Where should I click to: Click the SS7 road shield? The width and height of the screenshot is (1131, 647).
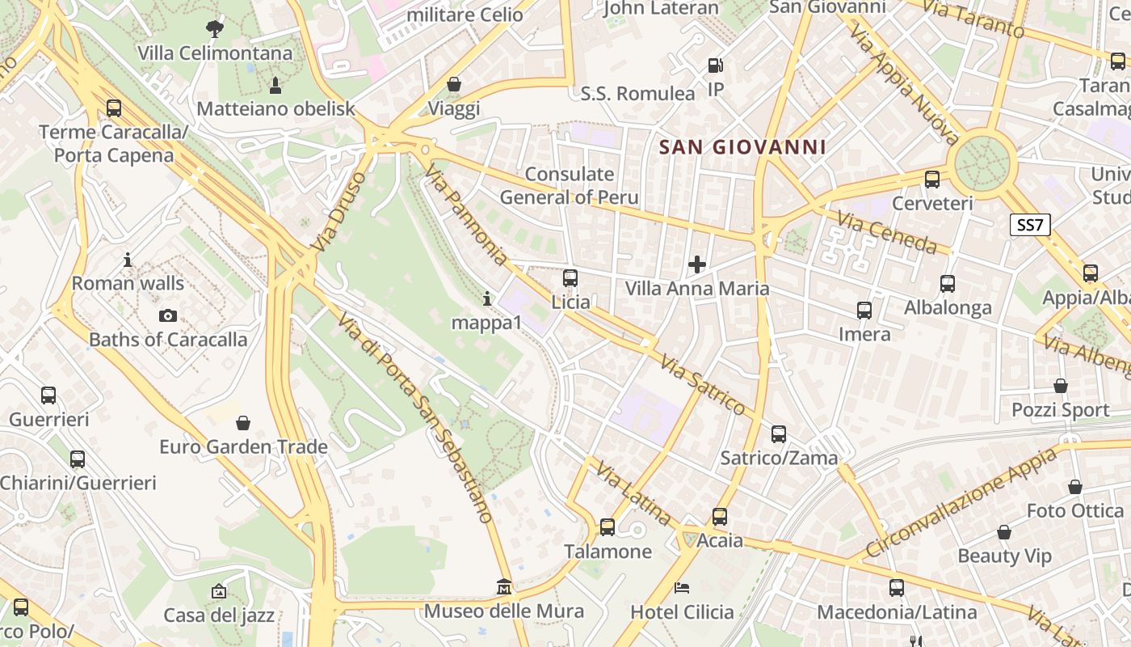(x=1030, y=225)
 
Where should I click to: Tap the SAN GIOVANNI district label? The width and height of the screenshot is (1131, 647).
(x=742, y=147)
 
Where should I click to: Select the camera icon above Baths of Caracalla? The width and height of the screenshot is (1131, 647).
(x=168, y=315)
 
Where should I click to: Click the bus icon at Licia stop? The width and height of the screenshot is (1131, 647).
(x=570, y=278)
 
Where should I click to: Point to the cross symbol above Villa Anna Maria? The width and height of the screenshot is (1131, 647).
(x=696, y=264)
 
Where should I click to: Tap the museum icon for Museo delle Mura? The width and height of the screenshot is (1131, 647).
(x=504, y=586)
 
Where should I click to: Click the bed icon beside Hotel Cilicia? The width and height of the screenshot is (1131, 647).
(x=683, y=587)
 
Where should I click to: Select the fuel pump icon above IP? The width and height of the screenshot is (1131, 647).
(x=715, y=66)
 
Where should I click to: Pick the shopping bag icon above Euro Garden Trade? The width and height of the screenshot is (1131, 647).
(x=243, y=423)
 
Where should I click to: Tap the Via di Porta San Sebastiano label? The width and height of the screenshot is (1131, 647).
(x=415, y=417)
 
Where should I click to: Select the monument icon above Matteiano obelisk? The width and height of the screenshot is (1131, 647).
(x=275, y=85)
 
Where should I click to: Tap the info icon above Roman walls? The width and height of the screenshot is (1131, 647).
(x=128, y=260)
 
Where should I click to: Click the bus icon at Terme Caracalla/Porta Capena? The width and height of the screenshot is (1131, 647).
(x=114, y=108)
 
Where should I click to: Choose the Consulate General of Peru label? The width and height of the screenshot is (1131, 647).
(x=569, y=185)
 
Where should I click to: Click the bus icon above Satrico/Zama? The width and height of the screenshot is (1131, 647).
(x=779, y=434)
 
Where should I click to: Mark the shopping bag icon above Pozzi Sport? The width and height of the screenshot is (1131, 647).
(x=1061, y=387)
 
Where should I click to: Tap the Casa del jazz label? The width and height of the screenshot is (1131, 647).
(x=219, y=615)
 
